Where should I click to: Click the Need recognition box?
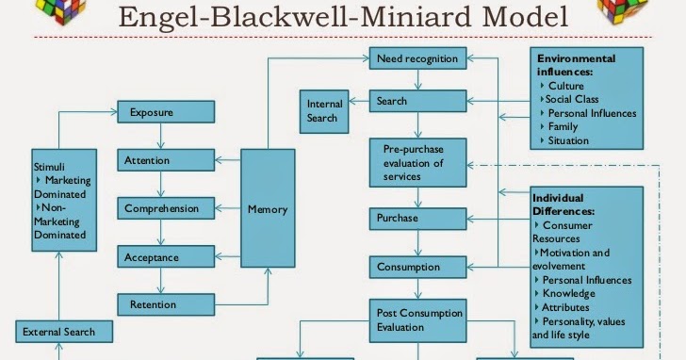point(417,58)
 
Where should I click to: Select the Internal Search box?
point(324,111)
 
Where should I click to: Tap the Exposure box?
point(166,112)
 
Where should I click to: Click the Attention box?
point(166,160)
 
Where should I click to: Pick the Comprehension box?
point(166,208)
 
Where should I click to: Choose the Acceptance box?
point(166,256)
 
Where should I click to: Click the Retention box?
point(166,304)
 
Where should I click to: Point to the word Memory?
point(268,209)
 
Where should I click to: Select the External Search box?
point(64,332)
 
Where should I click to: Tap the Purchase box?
point(417,219)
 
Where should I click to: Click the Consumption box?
point(417,267)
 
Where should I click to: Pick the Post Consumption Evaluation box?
point(417,320)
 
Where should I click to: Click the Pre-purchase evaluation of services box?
point(417,163)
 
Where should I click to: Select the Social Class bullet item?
point(569,99)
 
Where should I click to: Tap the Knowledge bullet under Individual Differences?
point(564,293)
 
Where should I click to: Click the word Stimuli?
point(49,167)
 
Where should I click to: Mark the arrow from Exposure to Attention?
point(160,136)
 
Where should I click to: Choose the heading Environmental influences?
point(576,65)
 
